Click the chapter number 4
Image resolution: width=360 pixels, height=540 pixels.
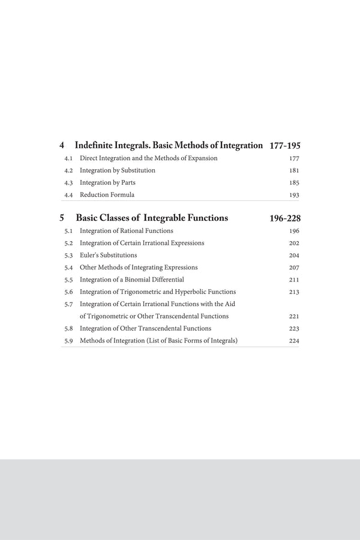pos(62,146)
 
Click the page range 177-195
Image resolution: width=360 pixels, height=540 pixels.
pos(285,146)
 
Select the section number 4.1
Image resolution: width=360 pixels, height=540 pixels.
pos(68,158)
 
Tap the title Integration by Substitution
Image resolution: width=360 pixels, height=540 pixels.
pos(118,170)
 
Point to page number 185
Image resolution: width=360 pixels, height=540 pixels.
pos(294,183)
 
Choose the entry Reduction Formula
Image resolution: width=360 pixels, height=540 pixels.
pos(107,195)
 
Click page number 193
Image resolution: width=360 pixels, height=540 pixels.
pos(294,195)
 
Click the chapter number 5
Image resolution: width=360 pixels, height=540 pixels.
pos(62,218)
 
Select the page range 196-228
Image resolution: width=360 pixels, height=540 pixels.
pos(285,218)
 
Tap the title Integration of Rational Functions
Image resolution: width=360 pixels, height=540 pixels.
pos(126,231)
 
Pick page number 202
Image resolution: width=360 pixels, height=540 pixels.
pos(294,244)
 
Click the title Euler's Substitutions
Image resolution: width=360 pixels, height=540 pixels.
pos(108,256)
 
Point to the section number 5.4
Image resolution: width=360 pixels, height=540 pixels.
pos(68,268)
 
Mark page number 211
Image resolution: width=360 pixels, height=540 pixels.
pos(294,280)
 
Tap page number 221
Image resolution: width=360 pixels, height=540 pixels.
pos(294,317)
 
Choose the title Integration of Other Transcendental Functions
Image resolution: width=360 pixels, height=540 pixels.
pos(145,329)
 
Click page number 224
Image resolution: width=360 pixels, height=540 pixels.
pos(294,341)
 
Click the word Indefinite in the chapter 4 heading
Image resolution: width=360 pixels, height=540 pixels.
pos(94,146)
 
